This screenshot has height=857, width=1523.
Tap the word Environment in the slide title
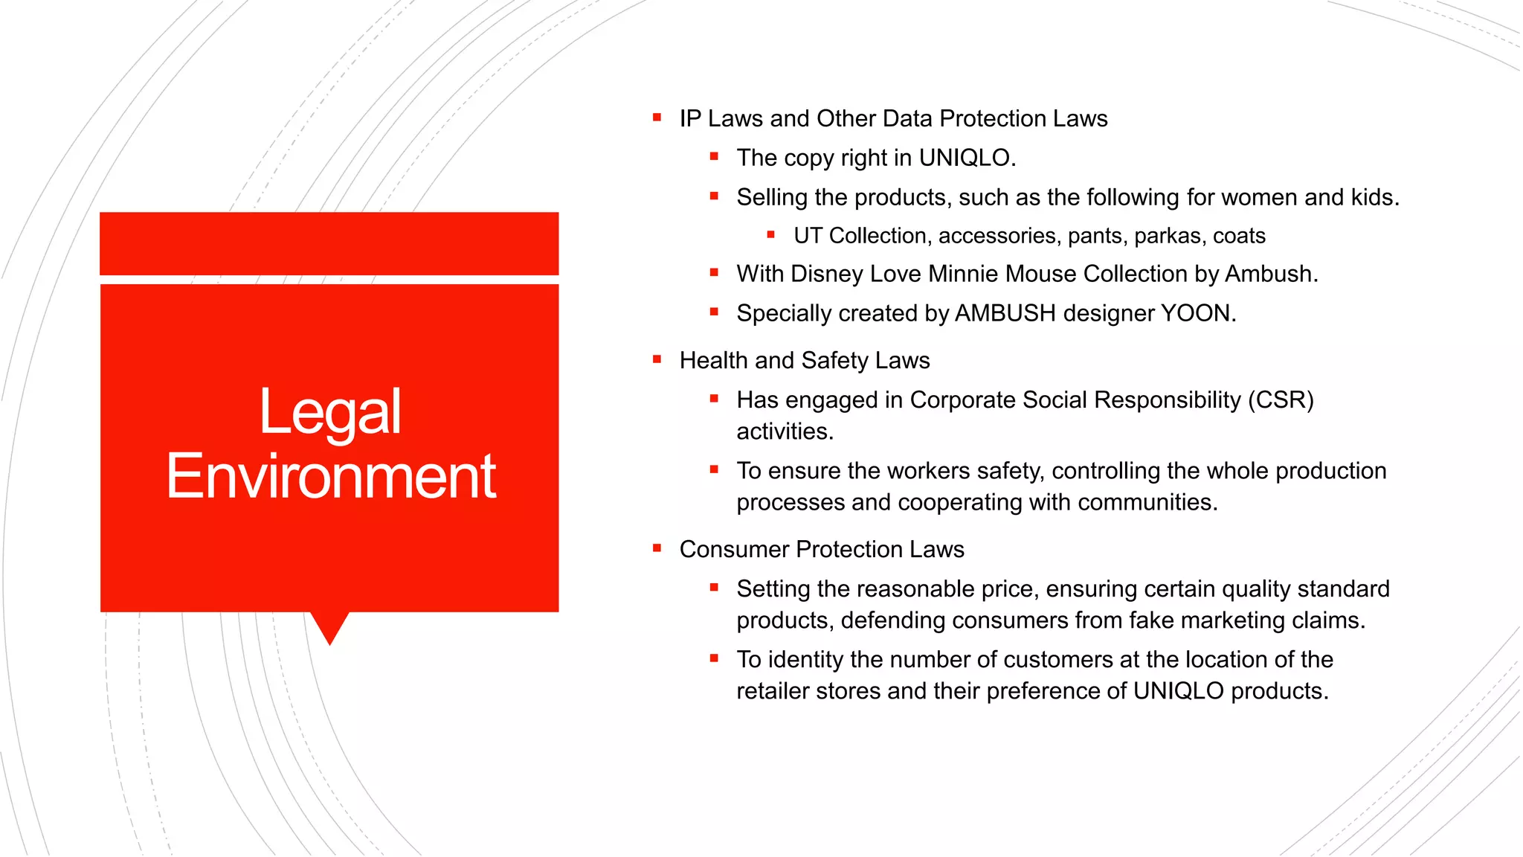(x=331, y=476)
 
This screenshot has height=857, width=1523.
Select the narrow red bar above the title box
(x=329, y=243)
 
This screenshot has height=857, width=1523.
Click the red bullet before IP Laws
(x=657, y=118)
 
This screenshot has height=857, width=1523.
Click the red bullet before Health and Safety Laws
(x=657, y=359)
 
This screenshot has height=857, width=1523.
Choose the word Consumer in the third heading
(x=734, y=549)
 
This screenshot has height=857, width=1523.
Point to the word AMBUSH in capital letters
(x=1005, y=313)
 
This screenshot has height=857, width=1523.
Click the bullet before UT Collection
(x=771, y=235)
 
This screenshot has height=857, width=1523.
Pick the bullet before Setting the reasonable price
(x=714, y=588)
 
